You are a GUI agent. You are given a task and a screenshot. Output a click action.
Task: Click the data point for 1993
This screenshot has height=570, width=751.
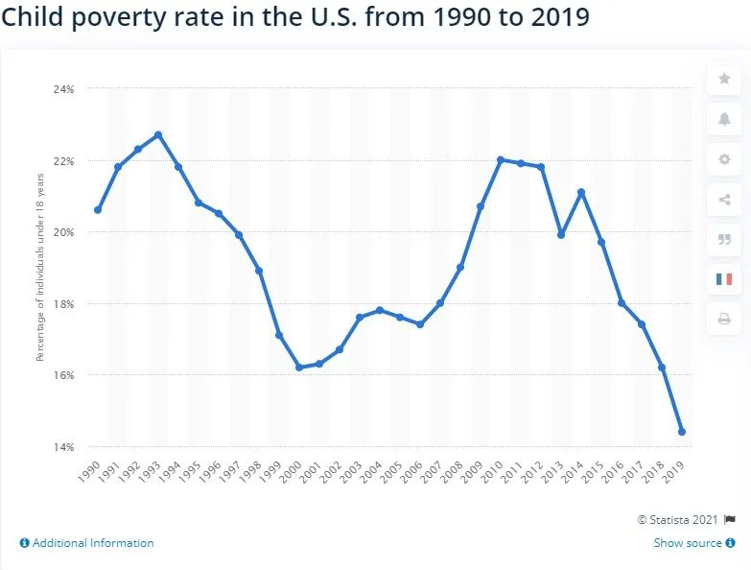[x=158, y=134]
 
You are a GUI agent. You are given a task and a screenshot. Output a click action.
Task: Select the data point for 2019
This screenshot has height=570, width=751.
[x=682, y=432]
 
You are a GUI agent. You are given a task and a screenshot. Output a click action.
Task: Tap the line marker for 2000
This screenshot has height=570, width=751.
[x=299, y=368]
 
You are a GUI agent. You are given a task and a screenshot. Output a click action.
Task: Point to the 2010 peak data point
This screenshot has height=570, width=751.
[x=501, y=159]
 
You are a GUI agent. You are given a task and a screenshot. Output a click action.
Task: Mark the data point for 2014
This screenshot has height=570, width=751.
[x=581, y=192]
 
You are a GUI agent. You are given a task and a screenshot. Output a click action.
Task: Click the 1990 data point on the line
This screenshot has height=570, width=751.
[x=98, y=209]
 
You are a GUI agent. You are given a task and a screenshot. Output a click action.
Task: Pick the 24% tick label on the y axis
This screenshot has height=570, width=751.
[x=63, y=88]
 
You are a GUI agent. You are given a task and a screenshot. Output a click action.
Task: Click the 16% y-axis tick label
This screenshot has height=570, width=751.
[x=63, y=375]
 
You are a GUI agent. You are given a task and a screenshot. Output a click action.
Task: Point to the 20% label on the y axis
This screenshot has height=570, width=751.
[x=63, y=232]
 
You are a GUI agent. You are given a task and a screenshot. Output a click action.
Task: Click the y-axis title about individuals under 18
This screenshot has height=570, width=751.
[x=40, y=287]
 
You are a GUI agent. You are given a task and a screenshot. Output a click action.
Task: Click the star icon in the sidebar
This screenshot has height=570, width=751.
[x=724, y=79]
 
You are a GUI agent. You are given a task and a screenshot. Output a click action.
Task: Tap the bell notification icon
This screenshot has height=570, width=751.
[x=724, y=119]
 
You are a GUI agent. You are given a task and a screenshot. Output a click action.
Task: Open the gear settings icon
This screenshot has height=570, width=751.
[x=724, y=159]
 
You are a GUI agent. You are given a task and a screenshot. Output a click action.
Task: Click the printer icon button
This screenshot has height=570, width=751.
[x=724, y=319]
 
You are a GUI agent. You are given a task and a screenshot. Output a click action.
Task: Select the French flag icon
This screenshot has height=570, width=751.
[x=724, y=279]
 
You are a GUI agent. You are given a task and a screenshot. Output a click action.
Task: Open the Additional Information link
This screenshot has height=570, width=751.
[x=86, y=543]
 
